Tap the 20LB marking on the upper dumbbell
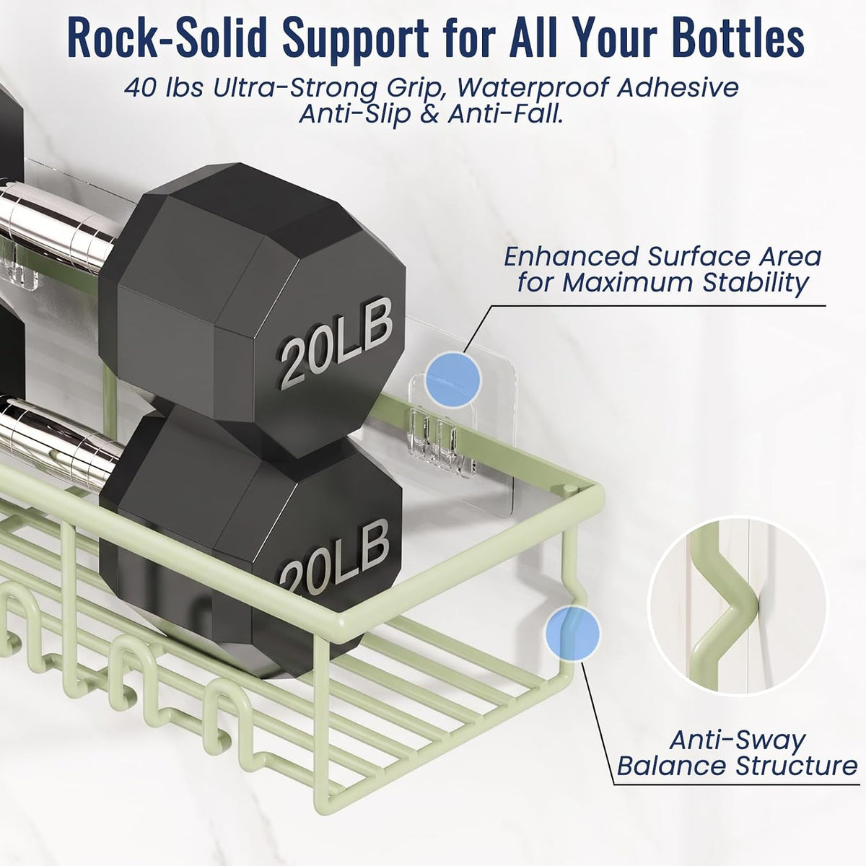(336, 341)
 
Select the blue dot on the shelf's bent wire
(572, 633)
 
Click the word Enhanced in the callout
(570, 257)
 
